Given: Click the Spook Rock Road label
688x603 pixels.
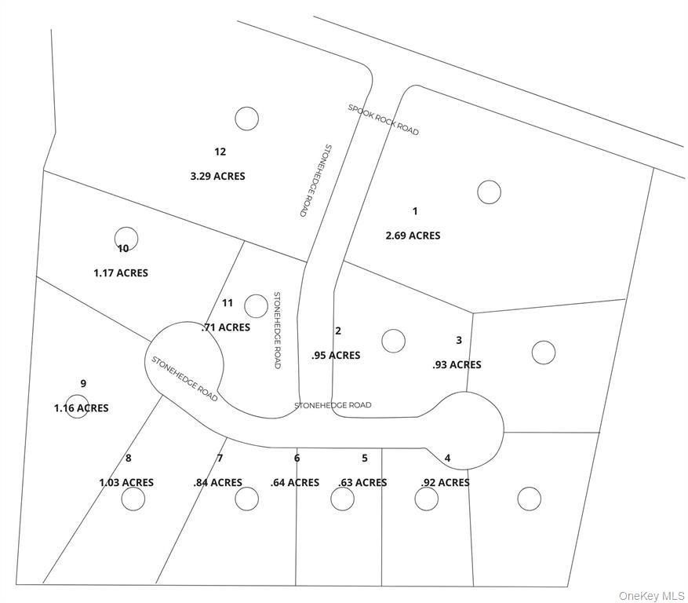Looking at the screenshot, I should click(x=384, y=119).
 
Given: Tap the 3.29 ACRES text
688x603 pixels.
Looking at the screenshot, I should click(x=217, y=176).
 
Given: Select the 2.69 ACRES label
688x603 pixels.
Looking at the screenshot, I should click(x=413, y=236).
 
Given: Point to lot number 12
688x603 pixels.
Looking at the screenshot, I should click(x=220, y=152).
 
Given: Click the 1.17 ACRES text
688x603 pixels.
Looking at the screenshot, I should click(x=121, y=273).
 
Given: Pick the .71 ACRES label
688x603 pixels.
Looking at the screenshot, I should click(x=226, y=327).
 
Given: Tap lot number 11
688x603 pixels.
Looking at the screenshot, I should click(x=228, y=303).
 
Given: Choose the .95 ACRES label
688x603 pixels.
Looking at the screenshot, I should click(x=336, y=356).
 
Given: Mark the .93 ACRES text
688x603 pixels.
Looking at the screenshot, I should click(x=457, y=365).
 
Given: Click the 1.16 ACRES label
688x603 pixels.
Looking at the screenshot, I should click(x=82, y=408).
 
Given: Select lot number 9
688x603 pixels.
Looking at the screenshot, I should click(x=83, y=383).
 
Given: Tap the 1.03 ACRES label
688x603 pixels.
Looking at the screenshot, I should click(x=126, y=483).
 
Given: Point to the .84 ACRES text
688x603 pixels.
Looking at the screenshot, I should click(x=217, y=483).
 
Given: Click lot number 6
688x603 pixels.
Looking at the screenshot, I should click(x=297, y=459).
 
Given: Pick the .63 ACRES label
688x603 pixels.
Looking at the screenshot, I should click(x=362, y=483).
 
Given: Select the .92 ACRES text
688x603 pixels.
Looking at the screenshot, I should click(x=445, y=483).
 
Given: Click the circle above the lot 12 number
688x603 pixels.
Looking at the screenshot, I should click(x=246, y=118).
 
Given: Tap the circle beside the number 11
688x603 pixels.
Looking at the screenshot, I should click(x=256, y=305).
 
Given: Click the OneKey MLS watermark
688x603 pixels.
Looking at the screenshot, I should click(x=651, y=596).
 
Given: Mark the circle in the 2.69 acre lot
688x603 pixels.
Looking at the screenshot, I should click(x=489, y=192).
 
